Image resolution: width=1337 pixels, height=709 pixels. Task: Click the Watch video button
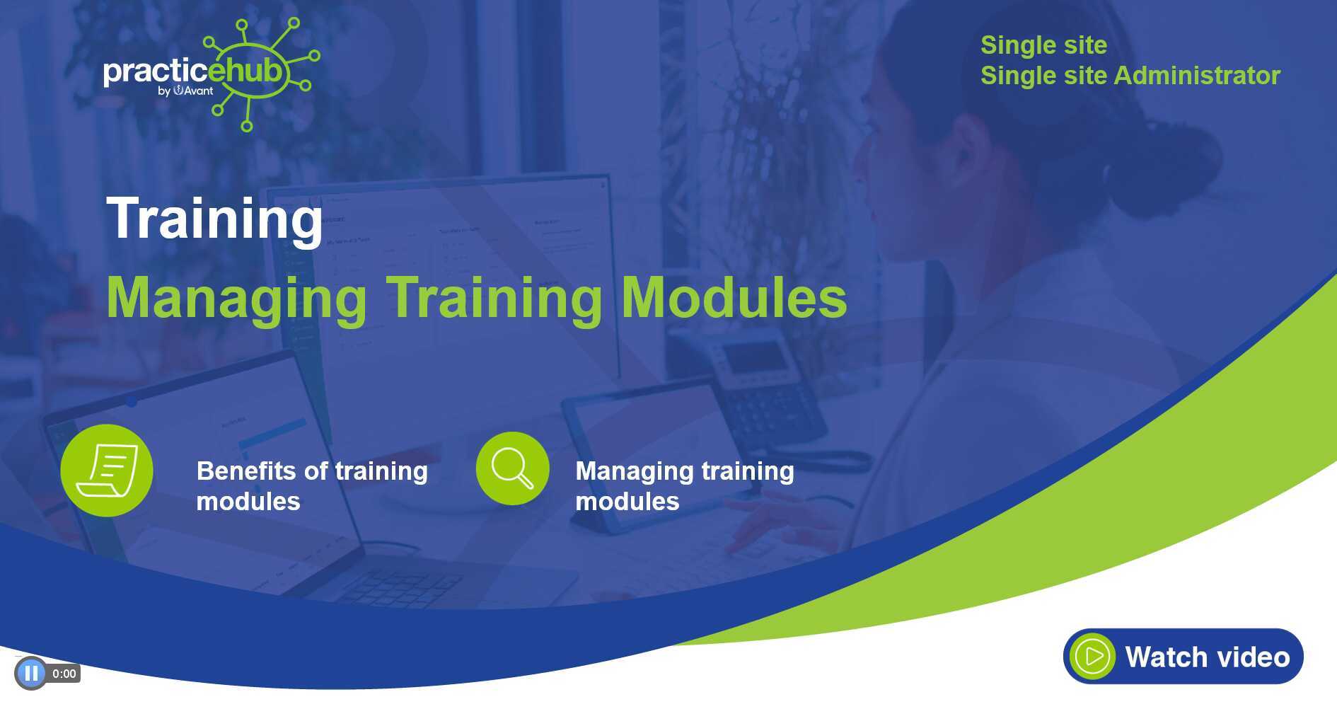tap(1183, 656)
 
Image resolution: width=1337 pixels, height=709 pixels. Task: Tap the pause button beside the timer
tap(30, 673)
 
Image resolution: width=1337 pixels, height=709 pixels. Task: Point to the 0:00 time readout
tap(64, 674)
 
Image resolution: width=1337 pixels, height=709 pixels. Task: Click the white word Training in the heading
tap(214, 219)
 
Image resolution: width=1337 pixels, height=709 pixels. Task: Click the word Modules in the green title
tap(734, 297)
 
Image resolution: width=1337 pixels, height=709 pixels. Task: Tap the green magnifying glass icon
tap(512, 468)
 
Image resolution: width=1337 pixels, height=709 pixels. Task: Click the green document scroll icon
tap(107, 471)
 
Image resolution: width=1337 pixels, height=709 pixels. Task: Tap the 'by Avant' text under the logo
tap(185, 91)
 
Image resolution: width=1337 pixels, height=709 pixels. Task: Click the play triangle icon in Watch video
tap(1093, 657)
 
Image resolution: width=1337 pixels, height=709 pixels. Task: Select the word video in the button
tap(1251, 657)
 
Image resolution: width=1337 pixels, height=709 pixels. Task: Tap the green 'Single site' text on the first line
tap(1043, 45)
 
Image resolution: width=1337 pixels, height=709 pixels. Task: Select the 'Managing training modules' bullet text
tap(684, 486)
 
